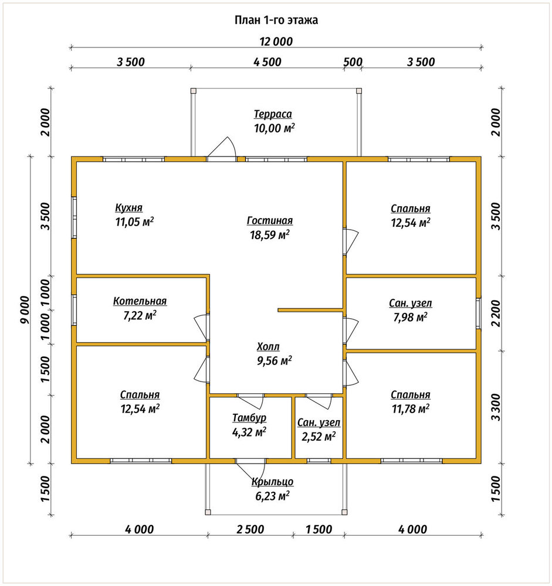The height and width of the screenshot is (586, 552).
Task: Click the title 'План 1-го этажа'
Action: (x=276, y=20)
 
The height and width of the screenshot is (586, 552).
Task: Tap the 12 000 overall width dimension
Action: (x=276, y=42)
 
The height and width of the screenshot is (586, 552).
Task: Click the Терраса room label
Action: (x=273, y=114)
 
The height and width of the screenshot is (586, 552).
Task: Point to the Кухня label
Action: (x=128, y=207)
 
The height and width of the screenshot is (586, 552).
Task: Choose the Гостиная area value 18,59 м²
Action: (x=269, y=235)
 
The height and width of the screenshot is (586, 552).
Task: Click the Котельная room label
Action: (x=140, y=301)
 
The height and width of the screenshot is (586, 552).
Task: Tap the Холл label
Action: (x=268, y=346)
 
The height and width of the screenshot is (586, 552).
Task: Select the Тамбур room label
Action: (x=249, y=417)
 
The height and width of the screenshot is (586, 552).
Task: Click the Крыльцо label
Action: (x=272, y=482)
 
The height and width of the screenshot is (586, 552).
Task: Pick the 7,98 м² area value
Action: (x=411, y=317)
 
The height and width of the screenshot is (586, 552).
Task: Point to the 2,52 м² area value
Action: (x=319, y=437)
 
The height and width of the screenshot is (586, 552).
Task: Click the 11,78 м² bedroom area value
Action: (x=411, y=408)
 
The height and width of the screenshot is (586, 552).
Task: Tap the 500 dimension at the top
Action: (x=353, y=62)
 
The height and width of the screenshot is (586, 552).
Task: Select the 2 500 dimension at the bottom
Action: (x=250, y=529)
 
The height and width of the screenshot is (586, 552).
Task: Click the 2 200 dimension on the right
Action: (x=496, y=313)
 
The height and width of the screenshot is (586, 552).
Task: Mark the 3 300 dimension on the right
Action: (x=496, y=407)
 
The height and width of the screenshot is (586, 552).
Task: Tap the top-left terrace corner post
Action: (x=193, y=90)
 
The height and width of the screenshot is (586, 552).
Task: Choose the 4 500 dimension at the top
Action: (x=267, y=62)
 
